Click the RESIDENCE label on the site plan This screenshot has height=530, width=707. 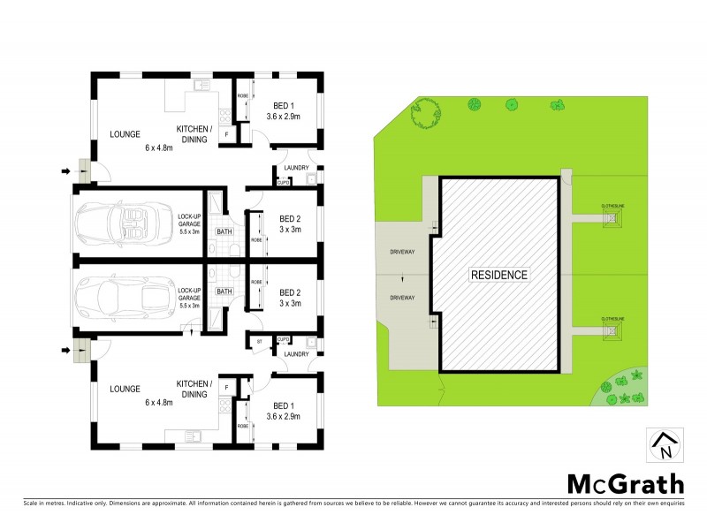tap(499, 275)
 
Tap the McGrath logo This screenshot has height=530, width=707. tap(625, 483)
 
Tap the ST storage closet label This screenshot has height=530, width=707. tap(260, 341)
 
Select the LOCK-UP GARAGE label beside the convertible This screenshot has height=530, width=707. tap(190, 223)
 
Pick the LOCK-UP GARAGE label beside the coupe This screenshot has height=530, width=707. tap(190, 296)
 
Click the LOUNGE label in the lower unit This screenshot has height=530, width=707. tap(126, 388)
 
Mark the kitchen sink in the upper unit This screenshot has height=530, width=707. tap(201, 86)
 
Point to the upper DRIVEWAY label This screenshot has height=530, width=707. tap(401, 253)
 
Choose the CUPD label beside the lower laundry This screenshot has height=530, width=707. tap(283, 340)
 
